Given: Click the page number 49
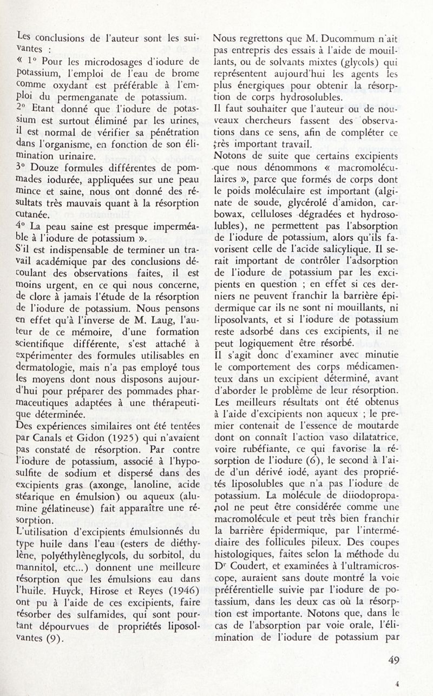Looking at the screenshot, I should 394,660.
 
